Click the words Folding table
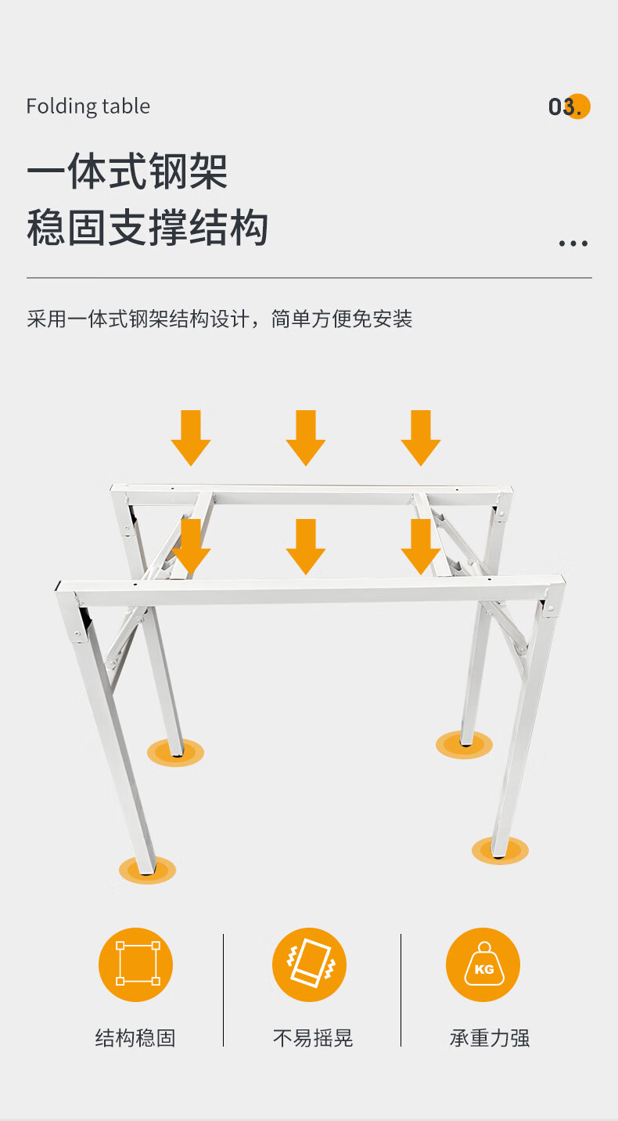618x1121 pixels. point(88,106)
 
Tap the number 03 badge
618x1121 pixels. point(569,106)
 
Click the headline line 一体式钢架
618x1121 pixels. point(128,171)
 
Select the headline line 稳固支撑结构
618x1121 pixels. point(148,228)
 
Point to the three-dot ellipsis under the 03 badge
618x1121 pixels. point(573,243)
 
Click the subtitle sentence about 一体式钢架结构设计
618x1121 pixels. point(220,319)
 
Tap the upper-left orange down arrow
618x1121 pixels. point(191,438)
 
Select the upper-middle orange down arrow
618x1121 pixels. point(306,438)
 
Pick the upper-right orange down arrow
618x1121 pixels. point(421,438)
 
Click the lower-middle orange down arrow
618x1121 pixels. point(306,546)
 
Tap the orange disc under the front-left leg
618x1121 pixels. point(148,870)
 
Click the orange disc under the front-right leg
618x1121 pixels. point(500,850)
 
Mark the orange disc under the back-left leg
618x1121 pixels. point(175,752)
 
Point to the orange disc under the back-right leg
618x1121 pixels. point(464,744)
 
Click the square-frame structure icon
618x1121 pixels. point(135,964)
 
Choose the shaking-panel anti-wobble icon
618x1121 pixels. point(310,964)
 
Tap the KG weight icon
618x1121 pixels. point(483,964)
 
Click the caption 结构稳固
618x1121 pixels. point(135,1038)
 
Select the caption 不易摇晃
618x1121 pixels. point(313,1038)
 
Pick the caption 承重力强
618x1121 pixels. point(490,1038)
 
